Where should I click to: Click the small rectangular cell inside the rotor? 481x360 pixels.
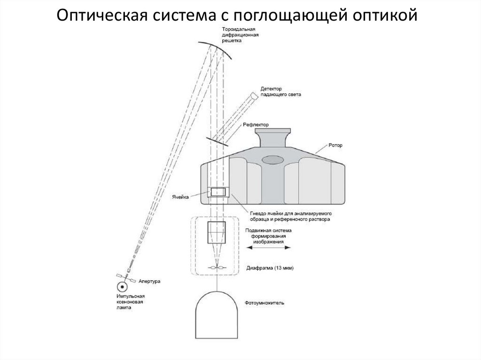(217, 192)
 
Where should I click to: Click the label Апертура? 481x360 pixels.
(149, 282)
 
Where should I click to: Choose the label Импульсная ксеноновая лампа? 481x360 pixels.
(130, 303)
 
